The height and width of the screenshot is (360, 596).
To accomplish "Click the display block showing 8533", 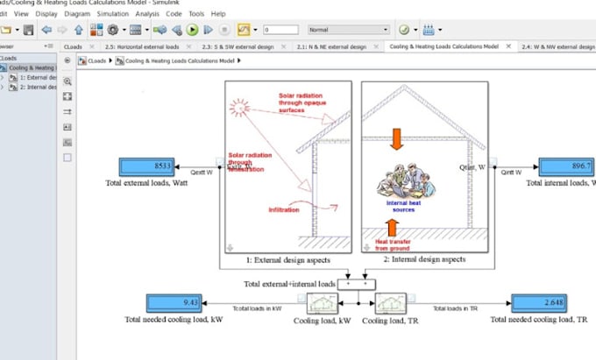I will (146, 166).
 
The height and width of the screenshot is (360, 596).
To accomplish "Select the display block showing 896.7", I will (564, 166).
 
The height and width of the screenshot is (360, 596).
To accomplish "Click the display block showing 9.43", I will (174, 303).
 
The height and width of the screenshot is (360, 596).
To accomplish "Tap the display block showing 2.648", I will (539, 303).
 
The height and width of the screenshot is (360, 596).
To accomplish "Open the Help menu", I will (218, 14).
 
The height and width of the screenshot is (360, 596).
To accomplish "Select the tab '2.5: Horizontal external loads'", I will (142, 46).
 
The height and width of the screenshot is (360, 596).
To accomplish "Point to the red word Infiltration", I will (287, 210).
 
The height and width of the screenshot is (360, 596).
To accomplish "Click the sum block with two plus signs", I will (357, 284).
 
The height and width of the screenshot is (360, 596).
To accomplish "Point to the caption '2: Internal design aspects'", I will (423, 260).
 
